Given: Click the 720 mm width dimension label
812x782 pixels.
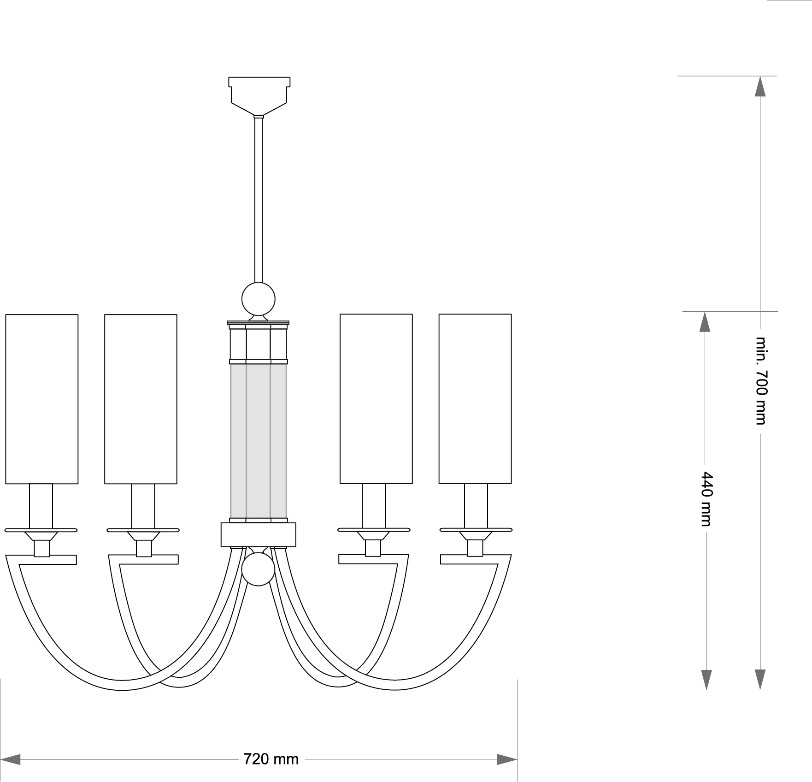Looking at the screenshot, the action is (271, 758).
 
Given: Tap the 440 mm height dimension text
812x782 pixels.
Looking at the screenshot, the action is (706, 498).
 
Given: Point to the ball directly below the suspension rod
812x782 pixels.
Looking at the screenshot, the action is (259, 299).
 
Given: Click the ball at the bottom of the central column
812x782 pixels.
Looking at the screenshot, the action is (259, 569).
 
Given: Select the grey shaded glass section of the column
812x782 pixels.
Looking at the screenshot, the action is (259, 441).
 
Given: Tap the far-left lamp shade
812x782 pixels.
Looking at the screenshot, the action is (42, 399).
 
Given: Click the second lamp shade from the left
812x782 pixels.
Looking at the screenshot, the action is (141, 399).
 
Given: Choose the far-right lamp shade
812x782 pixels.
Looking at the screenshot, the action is (475, 399).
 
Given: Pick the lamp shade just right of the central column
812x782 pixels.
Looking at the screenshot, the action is (376, 399).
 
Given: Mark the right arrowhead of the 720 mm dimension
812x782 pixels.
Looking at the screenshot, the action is (507, 759).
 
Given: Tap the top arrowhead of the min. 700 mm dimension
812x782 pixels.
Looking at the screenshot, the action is (760, 86).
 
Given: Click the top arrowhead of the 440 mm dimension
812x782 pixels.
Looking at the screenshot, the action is (705, 322).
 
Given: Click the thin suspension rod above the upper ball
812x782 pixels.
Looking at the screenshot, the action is (259, 200).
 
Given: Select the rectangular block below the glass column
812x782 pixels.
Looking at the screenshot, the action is (259, 534).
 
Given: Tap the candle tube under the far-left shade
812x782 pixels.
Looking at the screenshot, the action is (41, 506).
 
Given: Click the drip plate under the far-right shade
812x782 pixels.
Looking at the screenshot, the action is (476, 530).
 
